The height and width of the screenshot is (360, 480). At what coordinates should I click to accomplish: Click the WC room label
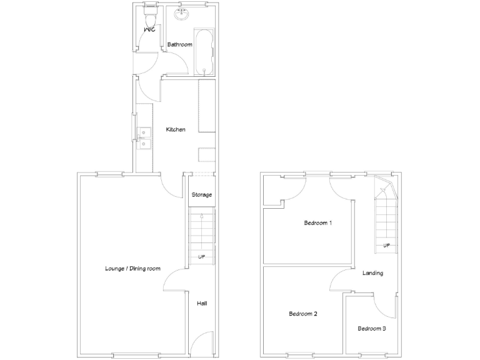[x=149, y=29]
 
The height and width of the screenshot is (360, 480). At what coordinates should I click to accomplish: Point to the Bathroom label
[x=179, y=44]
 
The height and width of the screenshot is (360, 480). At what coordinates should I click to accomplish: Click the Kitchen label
[x=176, y=129]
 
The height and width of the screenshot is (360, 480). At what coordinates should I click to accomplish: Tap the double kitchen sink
[x=144, y=138]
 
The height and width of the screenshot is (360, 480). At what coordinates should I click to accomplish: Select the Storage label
[x=202, y=194]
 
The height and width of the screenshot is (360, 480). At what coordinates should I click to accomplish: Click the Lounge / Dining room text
[x=132, y=269]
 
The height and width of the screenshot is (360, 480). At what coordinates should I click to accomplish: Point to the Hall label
[x=202, y=303]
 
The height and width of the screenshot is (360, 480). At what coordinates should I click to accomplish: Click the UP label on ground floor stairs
[x=202, y=257]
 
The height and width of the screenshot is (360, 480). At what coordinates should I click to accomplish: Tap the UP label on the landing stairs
[x=387, y=245]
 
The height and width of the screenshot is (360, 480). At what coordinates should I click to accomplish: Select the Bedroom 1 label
[x=317, y=222]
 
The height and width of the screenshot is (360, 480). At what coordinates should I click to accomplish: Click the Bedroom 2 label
[x=303, y=314]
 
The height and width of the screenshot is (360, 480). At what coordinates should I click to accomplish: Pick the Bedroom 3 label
[x=372, y=328]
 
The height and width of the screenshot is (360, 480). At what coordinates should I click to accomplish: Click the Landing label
[x=372, y=273]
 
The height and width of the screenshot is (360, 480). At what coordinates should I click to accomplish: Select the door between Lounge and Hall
[x=179, y=279]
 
